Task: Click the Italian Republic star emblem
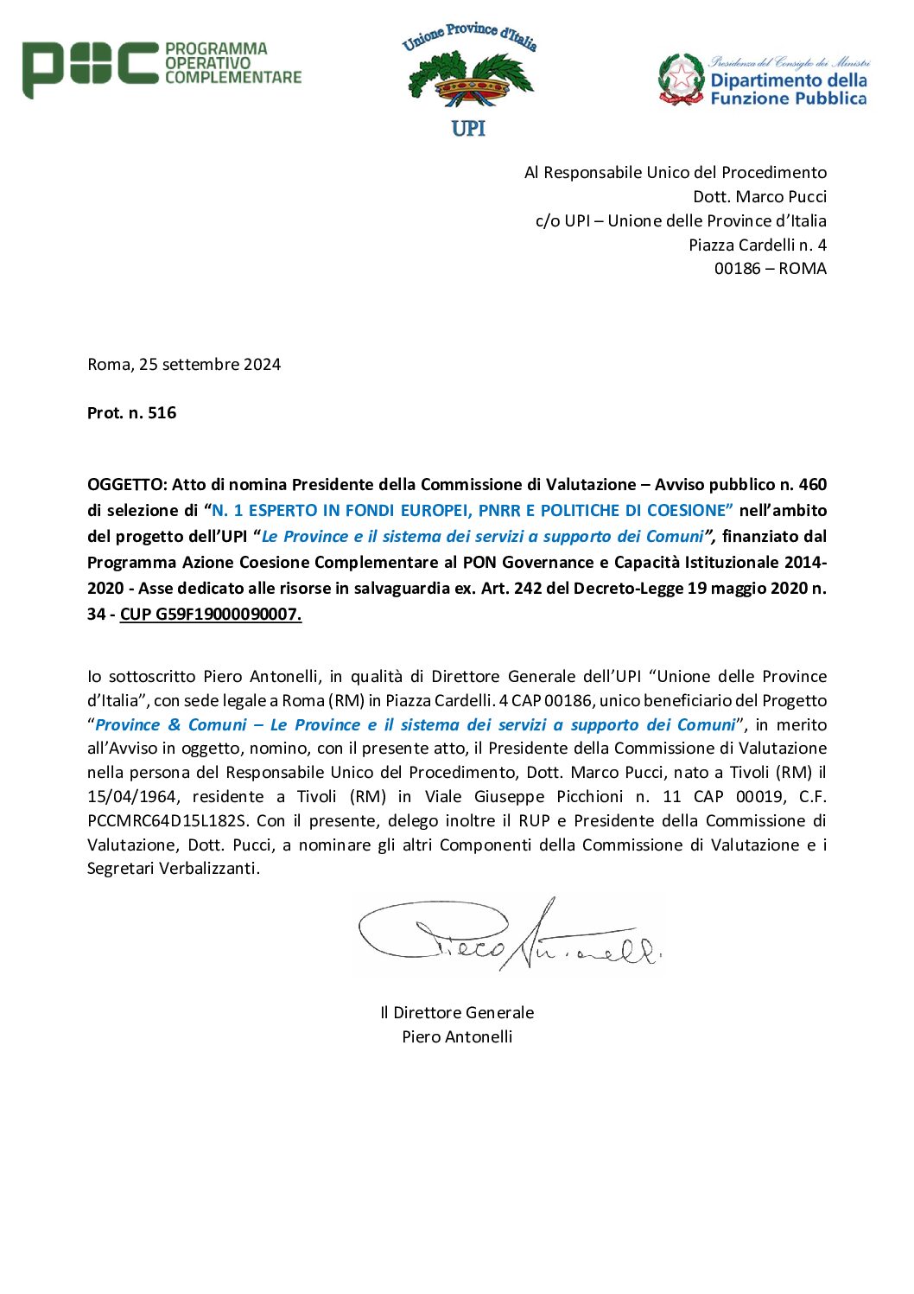tap(681, 79)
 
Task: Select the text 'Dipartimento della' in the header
tap(788, 80)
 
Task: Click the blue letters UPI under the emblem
tap(468, 129)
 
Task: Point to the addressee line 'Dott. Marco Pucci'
tap(759, 197)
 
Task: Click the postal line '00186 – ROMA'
tap(770, 269)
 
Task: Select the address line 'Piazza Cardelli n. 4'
tap(757, 245)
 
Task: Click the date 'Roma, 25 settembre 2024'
tap(184, 365)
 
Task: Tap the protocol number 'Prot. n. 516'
tap(131, 413)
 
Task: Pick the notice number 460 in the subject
tap(812, 485)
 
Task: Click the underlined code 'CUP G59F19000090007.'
tap(211, 615)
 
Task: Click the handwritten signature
tap(510, 938)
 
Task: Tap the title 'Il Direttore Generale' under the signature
tap(457, 1013)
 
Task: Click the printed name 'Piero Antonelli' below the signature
tap(457, 1037)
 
